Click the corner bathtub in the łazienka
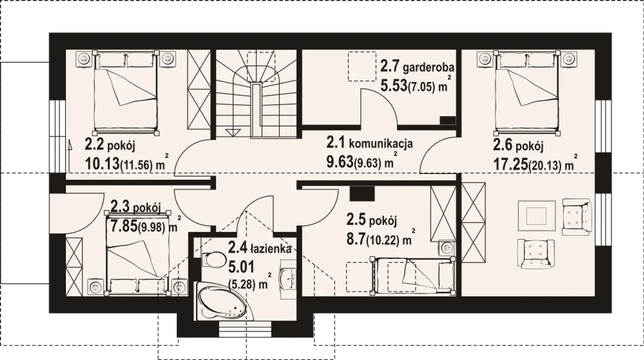(x=221, y=302)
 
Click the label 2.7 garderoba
(x=418, y=67)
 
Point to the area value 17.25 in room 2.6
(x=511, y=164)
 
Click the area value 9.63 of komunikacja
(x=340, y=162)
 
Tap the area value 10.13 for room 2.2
(x=102, y=164)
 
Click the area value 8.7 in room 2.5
(x=356, y=240)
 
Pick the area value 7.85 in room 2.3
(x=124, y=227)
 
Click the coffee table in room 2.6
(x=536, y=216)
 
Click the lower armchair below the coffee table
(x=536, y=254)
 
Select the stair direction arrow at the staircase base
(x=233, y=133)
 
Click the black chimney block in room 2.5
(x=362, y=194)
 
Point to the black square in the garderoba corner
(x=448, y=120)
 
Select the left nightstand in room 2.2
(x=84, y=59)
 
